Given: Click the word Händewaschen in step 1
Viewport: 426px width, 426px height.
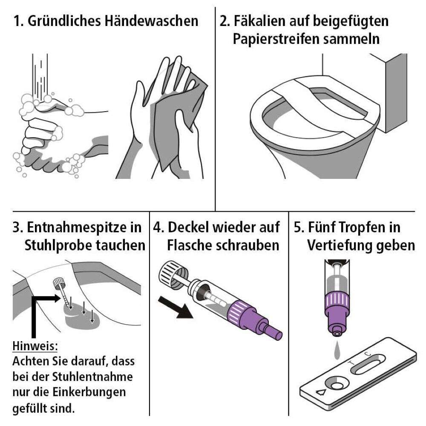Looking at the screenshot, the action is (151, 21).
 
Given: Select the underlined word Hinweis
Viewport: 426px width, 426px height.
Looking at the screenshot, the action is (35, 346).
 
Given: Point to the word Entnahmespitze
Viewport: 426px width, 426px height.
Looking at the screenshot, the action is (84, 227).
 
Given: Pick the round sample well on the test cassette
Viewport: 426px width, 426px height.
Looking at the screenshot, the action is (337, 385).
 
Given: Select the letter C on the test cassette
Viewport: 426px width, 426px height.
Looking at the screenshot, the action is (367, 354).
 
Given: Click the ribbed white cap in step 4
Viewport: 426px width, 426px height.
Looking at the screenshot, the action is (173, 275).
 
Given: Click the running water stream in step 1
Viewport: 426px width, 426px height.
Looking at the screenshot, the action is (40, 76).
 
